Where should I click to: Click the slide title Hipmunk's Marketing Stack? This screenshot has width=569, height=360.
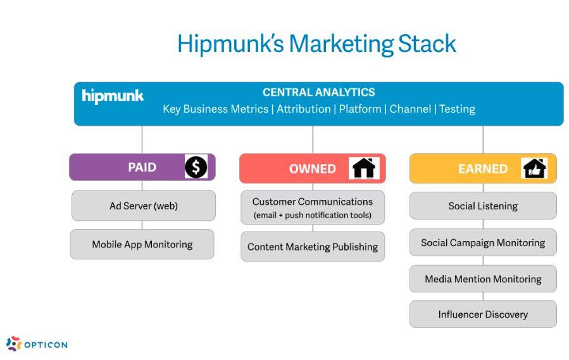pos(316,44)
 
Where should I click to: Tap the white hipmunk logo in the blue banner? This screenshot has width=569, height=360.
pos(113,96)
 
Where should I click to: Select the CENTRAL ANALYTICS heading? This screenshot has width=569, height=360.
pos(318,92)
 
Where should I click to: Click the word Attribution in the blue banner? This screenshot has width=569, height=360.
pos(304,109)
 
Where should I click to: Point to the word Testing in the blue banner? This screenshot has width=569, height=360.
pos(457,109)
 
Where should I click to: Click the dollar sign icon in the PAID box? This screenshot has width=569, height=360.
pos(196,167)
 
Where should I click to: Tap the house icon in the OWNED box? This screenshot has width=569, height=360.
pos(364,168)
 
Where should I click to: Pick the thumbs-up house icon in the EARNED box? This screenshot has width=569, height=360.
pos(534,168)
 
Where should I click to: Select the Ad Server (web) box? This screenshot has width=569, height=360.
pos(144,206)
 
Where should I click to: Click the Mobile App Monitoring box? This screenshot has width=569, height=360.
pos(142,244)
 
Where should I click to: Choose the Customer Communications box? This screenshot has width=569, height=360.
pos(313,208)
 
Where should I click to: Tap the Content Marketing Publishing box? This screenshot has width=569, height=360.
pos(313,247)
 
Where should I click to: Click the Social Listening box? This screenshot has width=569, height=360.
pos(483,206)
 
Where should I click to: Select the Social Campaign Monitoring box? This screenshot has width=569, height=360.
pos(483,242)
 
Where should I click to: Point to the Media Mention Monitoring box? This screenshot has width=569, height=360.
pos(483,279)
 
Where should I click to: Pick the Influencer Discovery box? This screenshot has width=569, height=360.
pos(483,314)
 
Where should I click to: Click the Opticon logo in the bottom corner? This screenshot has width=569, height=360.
pos(37,344)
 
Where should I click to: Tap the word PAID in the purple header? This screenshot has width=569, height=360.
pos(142,167)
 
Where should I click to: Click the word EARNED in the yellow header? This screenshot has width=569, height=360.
pos(483,169)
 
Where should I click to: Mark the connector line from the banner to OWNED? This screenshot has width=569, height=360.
pos(313,140)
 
